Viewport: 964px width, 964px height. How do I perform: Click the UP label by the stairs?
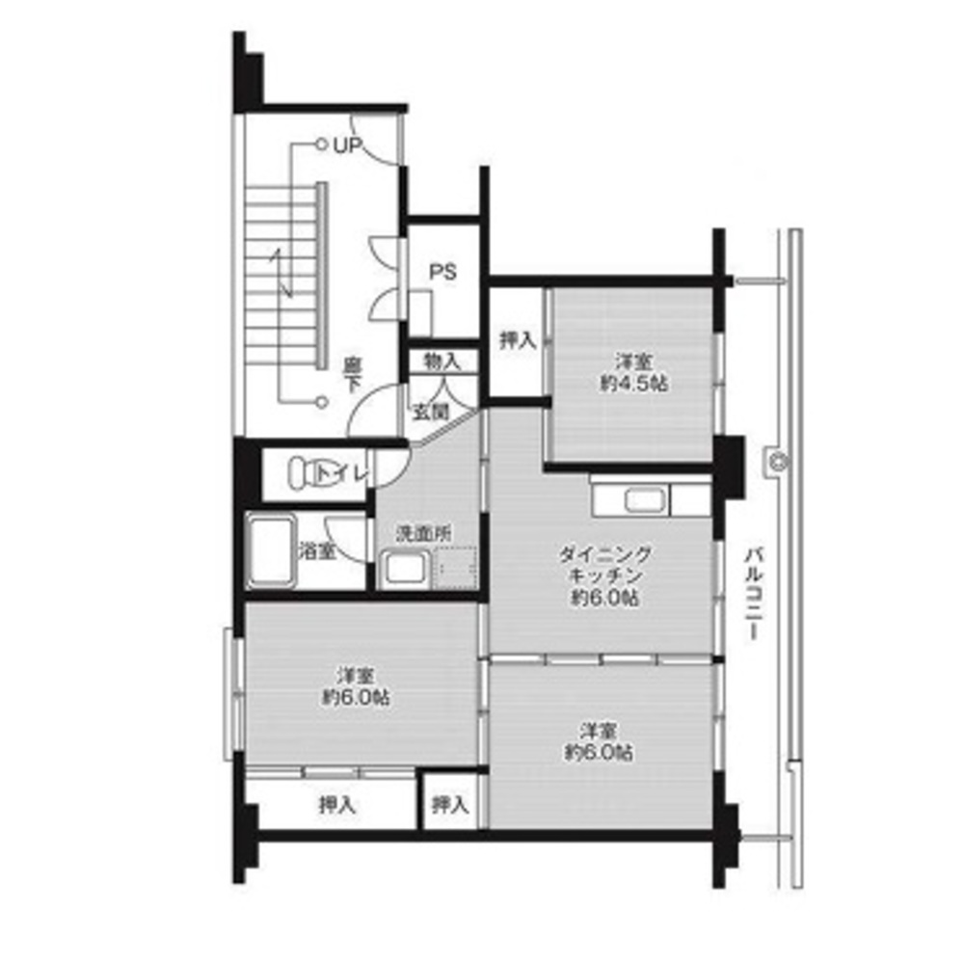[x=348, y=147]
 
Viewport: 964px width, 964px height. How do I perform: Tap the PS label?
[x=442, y=272]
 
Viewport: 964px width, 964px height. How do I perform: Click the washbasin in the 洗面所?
[x=405, y=567]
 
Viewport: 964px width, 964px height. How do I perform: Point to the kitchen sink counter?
[x=640, y=500]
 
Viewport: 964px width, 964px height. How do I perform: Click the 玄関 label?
[x=431, y=412]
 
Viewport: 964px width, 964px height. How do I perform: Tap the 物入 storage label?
[x=442, y=362]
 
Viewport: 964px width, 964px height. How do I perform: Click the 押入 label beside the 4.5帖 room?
[x=517, y=339]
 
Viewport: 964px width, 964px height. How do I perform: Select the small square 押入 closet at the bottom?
[x=450, y=804]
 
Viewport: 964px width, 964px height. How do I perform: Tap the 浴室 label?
[x=315, y=552]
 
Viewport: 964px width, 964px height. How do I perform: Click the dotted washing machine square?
[x=456, y=567]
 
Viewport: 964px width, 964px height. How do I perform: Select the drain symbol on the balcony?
[x=775, y=463]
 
